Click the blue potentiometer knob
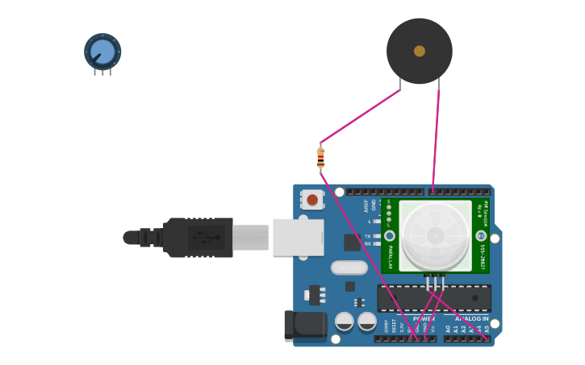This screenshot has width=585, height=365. coord(102,52)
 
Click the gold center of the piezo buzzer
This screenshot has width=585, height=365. coord(420,51)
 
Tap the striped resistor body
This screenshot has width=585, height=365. coord(320,156)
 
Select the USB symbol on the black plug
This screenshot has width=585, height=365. coord(205,237)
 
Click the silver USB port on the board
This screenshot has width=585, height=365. coord(298,237)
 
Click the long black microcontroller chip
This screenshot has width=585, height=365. coord(434,298)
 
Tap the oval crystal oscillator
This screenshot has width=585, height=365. coord(349,268)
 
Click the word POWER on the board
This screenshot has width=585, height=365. coord(424,319)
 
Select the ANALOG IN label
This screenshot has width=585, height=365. coord(471,319)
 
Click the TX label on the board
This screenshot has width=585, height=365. coord(368,236)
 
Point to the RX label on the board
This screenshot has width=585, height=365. coord(368,243)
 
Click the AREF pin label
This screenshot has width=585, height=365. coord(366,205)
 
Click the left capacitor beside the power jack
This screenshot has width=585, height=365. coord(345,321)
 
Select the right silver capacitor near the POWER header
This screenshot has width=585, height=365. coord(367,321)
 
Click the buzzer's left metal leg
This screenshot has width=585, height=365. coord(399,84)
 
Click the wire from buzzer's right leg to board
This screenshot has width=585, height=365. coord(437,137)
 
